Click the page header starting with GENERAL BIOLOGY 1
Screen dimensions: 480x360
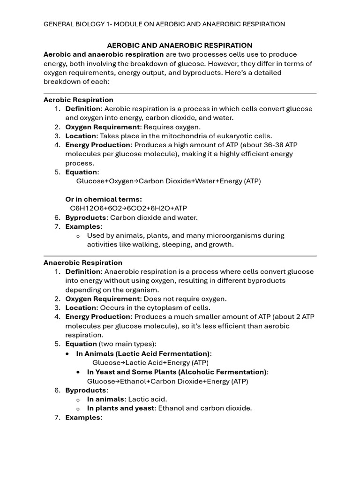coord(164,24)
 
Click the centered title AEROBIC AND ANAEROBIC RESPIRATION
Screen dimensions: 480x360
coord(180,45)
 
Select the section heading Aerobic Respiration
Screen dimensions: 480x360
coord(78,100)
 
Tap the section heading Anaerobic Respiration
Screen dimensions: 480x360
coord(83,262)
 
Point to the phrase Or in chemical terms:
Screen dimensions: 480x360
coord(104,199)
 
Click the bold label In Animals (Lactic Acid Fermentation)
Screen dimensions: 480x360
coord(143,353)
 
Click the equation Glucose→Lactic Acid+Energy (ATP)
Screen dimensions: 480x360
coord(150,362)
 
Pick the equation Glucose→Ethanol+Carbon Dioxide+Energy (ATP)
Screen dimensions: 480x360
coord(167,381)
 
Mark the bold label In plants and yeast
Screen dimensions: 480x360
coord(121,408)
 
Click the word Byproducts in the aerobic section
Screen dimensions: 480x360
coord(85,217)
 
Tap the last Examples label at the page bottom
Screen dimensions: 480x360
coord(83,417)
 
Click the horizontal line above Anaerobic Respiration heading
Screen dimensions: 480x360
coord(180,256)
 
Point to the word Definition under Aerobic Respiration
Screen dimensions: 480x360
coord(83,109)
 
